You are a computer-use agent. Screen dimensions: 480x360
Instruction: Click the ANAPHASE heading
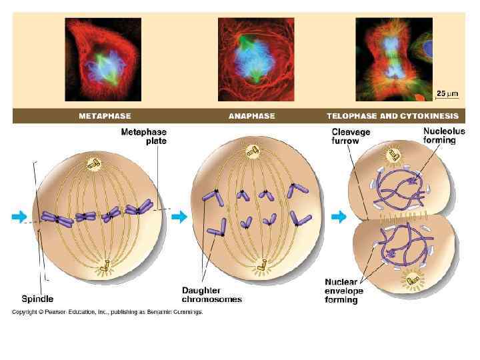[251, 115]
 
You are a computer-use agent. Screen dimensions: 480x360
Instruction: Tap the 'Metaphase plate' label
[143, 137]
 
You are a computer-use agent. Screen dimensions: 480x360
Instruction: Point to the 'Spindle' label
[37, 299]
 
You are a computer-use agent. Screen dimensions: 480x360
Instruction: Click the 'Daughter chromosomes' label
[212, 294]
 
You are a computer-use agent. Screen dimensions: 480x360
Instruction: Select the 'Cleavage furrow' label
[351, 137]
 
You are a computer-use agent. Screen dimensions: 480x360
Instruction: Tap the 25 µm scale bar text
[446, 92]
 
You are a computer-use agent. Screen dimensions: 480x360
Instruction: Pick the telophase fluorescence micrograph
[393, 59]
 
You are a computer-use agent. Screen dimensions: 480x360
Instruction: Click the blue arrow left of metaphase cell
[19, 216]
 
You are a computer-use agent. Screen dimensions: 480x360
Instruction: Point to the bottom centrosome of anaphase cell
[257, 266]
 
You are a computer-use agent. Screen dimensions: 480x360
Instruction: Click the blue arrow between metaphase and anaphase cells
[179, 216]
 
